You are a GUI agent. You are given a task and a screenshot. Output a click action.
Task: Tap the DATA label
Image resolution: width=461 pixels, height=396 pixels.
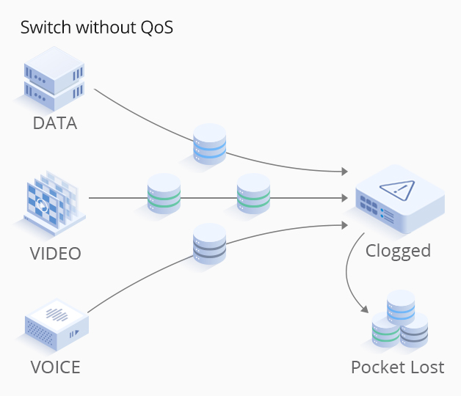click(x=55, y=123)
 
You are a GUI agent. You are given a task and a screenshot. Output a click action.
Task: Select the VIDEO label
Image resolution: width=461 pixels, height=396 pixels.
click(x=56, y=254)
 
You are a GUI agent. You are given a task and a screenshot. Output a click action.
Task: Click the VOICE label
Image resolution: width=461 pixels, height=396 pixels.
click(x=56, y=366)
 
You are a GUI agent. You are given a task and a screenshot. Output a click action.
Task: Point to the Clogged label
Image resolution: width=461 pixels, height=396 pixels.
click(x=398, y=251)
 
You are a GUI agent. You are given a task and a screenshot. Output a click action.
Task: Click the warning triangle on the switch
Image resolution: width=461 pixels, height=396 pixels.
click(x=396, y=190)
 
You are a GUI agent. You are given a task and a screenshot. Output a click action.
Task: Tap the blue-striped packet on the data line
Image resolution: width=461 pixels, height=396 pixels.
click(x=209, y=144)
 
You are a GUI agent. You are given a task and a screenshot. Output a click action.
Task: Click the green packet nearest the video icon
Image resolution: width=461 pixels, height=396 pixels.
click(x=164, y=194)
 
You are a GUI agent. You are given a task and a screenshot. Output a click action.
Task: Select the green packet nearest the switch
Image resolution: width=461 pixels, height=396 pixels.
click(x=253, y=194)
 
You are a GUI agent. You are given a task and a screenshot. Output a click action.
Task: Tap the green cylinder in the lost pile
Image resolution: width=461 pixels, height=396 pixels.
click(x=387, y=331)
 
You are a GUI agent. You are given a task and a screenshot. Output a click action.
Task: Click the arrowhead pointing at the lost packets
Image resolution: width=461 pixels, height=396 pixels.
click(x=366, y=310)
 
